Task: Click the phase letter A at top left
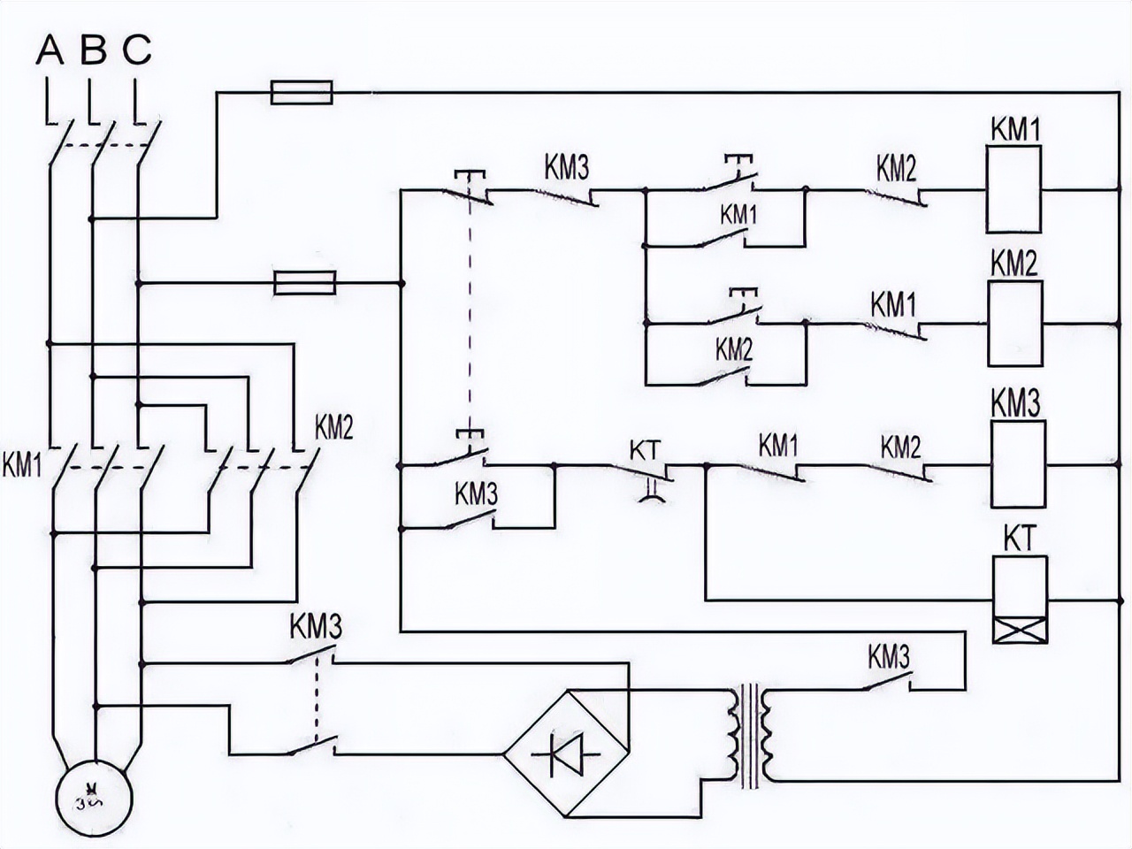50,50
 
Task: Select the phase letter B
93,50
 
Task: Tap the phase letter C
136,50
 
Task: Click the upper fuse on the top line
301,92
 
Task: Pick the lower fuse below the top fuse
305,283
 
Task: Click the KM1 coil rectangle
1013,189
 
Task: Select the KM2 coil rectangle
1014,323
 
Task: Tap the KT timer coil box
1020,600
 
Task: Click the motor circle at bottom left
93,797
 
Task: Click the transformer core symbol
750,736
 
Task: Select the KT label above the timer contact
645,449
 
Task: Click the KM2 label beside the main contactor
334,429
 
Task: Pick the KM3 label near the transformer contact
888,657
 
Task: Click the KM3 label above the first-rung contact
566,167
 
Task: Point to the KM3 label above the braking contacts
316,627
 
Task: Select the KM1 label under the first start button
738,214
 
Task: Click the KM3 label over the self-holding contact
477,494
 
